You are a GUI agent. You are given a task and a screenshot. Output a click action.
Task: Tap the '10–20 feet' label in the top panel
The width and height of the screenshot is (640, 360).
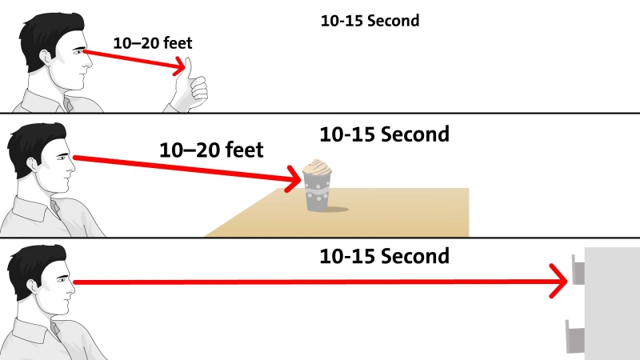pos(153,43)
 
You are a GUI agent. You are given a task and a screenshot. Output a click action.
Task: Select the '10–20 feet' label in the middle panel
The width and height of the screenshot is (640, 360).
pos(211,150)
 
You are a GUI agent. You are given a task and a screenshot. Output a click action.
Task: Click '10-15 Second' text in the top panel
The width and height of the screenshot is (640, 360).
pos(370,21)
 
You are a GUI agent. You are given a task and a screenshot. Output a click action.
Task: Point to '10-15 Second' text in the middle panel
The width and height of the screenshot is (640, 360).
pos(384,134)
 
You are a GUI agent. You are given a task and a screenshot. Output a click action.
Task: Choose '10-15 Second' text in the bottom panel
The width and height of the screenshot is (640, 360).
pos(384,256)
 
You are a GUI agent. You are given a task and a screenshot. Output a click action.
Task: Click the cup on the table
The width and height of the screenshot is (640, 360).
pos(317,186)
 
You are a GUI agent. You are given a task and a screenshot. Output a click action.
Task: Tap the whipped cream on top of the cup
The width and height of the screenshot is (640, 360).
pos(317,166)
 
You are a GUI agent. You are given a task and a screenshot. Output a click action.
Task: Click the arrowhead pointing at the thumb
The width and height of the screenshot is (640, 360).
pos(179,66)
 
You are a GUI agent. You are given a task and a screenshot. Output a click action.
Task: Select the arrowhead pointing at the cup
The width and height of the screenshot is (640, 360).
pos(294,178)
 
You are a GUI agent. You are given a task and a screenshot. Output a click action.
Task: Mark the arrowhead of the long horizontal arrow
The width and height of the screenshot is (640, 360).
pos(558,281)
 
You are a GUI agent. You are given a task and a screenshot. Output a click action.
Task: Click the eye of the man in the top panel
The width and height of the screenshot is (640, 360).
pos(78,52)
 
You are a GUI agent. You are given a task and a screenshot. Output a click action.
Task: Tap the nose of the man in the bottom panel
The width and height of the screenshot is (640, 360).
pos(71,289)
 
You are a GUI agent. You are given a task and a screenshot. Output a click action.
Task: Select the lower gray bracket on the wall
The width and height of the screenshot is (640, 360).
pos(575,336)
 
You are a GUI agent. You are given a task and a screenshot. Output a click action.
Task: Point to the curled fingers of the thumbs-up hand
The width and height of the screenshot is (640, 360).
pos(198,90)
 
